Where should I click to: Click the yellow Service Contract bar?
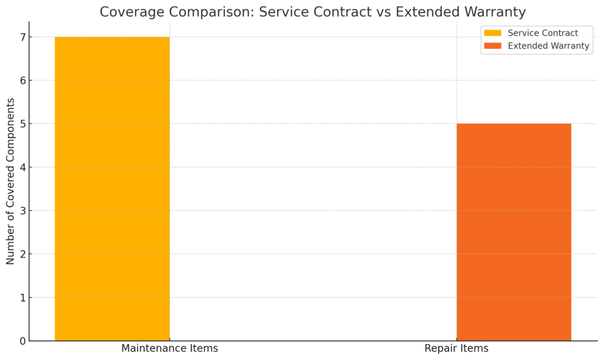[112, 189]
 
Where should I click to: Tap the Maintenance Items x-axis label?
[170, 349]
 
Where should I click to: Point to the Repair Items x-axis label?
[456, 349]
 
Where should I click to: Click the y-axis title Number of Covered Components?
[11, 181]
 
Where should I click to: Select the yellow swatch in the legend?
[492, 34]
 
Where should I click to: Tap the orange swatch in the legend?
[492, 46]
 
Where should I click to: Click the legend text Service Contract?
[542, 34]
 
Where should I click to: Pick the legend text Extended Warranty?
[548, 46]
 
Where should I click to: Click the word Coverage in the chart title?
[127, 12]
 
